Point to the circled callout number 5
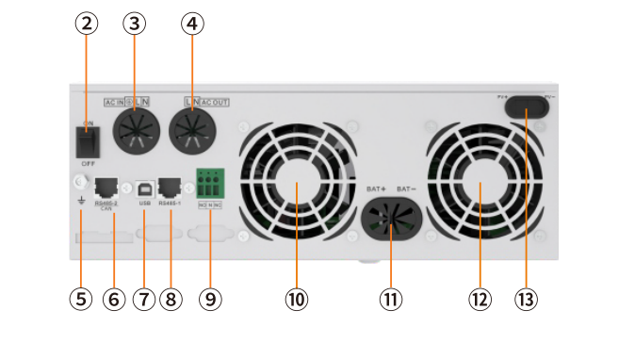coord(80,299)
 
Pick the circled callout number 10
coord(296,299)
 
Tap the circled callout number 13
coord(525,299)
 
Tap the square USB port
coord(144,188)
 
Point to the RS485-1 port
coord(171,187)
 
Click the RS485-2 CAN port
coord(106,187)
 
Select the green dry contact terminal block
coord(210,182)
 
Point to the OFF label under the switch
coord(88,163)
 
